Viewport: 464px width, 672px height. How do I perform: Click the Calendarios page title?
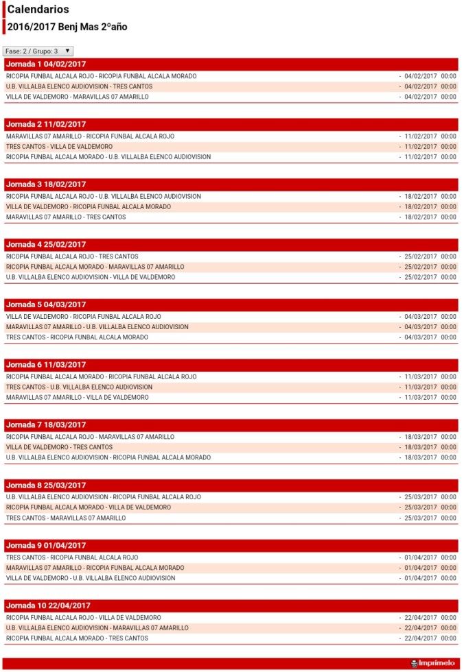[38, 10]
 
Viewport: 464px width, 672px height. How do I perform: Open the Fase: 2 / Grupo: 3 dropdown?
[38, 51]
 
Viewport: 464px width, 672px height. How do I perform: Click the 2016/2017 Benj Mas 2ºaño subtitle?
[67, 27]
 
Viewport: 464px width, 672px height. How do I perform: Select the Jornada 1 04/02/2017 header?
[46, 64]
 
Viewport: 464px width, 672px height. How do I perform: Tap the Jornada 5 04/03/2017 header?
[46, 304]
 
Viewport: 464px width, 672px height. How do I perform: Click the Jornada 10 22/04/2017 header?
[48, 605]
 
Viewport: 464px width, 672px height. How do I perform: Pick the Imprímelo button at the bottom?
[432, 664]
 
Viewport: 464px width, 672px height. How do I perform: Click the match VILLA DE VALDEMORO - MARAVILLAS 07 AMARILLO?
[77, 97]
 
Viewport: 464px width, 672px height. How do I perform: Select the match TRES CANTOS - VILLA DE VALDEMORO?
[59, 147]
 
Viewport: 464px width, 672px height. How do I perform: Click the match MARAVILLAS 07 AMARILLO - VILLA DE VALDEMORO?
[77, 398]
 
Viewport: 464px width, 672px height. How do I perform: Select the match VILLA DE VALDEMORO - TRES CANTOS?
[59, 447]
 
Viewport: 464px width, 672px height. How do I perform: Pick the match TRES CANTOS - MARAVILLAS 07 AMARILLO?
[66, 518]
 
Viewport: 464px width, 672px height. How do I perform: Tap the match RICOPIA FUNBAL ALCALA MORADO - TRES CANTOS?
[77, 638]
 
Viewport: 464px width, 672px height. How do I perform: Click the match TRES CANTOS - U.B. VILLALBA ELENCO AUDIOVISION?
[79, 387]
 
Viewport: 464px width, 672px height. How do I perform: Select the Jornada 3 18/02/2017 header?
[46, 184]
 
